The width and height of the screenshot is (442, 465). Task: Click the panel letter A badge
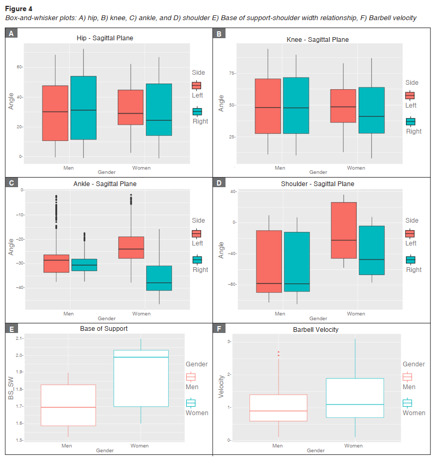11,33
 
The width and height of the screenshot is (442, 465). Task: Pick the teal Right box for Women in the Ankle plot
159,278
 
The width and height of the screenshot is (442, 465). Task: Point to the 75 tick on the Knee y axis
231,73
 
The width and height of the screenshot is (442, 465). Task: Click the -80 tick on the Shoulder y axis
232,284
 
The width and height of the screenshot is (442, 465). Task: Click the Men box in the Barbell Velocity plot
278,408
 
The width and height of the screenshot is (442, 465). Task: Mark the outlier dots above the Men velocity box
278,354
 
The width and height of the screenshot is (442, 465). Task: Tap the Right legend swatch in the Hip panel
197,111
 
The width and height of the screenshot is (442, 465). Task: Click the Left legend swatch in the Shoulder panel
410,233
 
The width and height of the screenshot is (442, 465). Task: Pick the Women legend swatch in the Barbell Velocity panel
407,403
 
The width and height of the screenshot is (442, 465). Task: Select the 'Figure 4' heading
19,8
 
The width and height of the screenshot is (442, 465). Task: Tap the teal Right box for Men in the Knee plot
296,106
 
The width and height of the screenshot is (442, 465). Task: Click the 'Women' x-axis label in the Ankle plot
141,313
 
